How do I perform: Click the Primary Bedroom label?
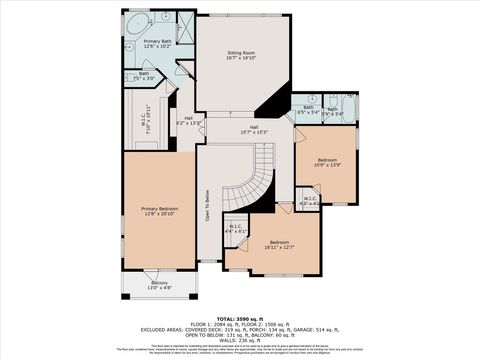click(159, 210)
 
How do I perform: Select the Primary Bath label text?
click(143, 44)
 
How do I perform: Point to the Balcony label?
click(160, 285)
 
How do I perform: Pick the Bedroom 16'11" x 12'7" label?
click(279, 245)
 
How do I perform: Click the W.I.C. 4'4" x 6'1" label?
click(236, 228)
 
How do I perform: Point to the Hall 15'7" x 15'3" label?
click(254, 129)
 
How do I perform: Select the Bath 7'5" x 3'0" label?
click(144, 75)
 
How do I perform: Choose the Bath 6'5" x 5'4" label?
click(308, 109)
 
